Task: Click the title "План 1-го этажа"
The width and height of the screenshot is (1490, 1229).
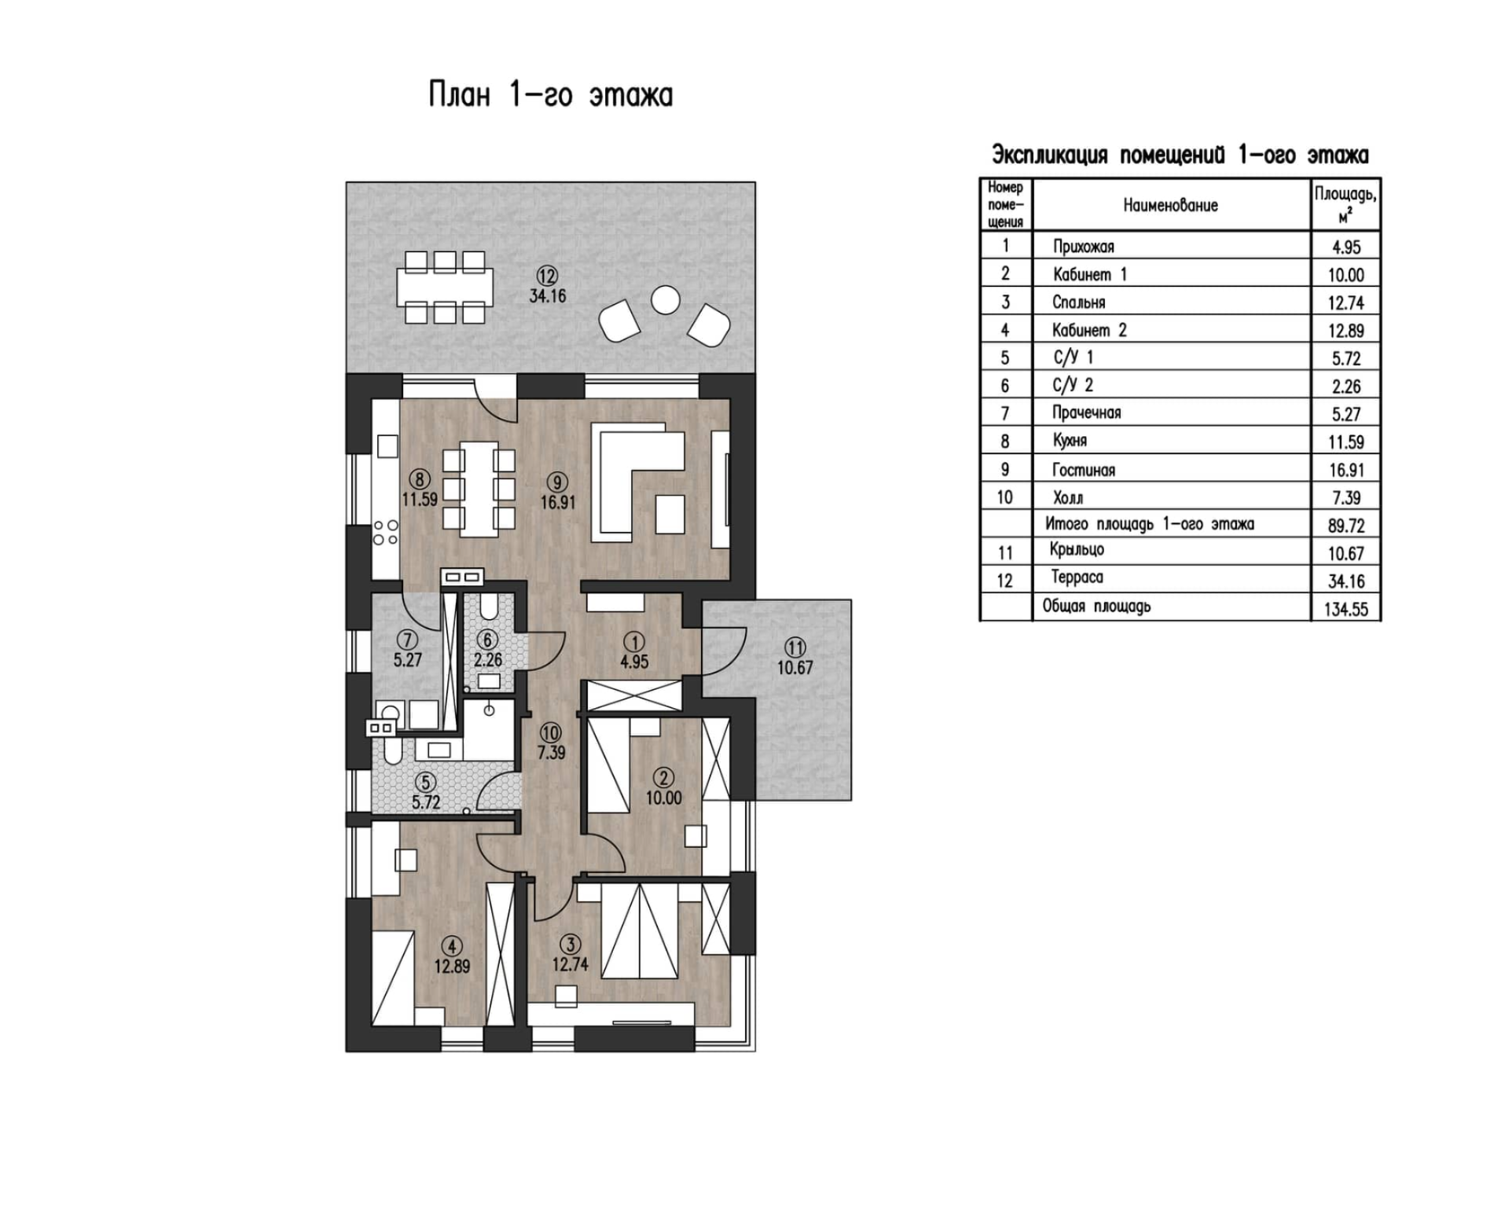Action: [x=550, y=95]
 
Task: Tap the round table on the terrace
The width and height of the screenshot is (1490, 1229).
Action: [x=666, y=300]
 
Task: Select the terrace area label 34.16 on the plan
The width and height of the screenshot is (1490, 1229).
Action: [x=547, y=296]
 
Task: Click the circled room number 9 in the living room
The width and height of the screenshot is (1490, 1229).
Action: [x=557, y=482]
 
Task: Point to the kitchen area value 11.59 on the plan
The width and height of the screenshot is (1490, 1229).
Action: [x=420, y=498]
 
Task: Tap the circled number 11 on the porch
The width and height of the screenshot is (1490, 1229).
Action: [x=795, y=648]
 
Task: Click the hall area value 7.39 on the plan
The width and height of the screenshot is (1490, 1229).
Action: [x=551, y=752]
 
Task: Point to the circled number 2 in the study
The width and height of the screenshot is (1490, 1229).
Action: [x=664, y=778]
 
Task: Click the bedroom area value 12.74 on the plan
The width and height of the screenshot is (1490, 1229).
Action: [x=571, y=964]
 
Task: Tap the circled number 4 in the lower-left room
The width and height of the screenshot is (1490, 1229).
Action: [x=452, y=946]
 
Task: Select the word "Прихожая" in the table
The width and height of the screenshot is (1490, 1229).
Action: [x=1084, y=247]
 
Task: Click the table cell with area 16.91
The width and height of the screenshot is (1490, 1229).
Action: [x=1346, y=470]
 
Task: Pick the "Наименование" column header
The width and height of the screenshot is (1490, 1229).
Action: [x=1170, y=205]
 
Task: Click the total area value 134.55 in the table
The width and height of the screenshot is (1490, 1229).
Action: [x=1346, y=609]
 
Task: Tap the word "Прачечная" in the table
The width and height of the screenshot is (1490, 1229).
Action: [x=1087, y=413]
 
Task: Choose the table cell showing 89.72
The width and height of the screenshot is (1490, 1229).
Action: [x=1346, y=526]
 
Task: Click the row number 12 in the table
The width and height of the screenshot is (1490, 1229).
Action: [x=1005, y=581]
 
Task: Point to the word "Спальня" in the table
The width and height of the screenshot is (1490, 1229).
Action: [x=1079, y=303]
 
